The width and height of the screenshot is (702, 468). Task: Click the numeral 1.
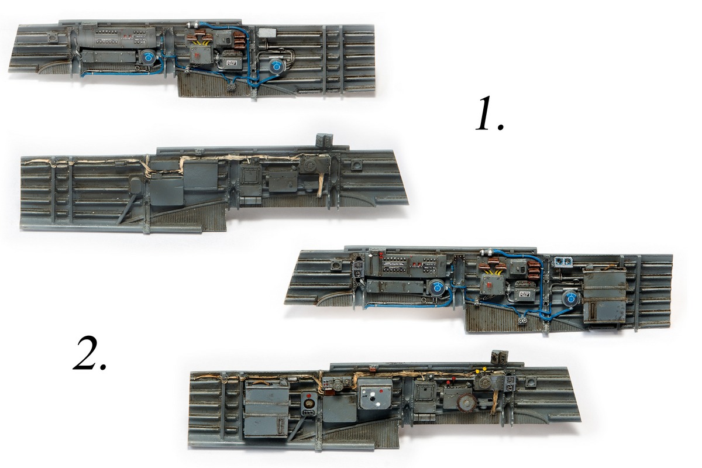coord(489,114)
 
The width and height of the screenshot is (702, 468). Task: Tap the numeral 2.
coord(90,353)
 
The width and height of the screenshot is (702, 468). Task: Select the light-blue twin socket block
coord(563,261)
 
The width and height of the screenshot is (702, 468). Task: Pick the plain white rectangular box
coord(267,32)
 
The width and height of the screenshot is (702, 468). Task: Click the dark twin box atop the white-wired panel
coord(324,140)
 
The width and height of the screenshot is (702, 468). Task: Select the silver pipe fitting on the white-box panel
coord(194,25)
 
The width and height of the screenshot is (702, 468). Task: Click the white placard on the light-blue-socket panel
coord(524,294)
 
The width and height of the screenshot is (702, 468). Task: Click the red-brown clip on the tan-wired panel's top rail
coord(373,369)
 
